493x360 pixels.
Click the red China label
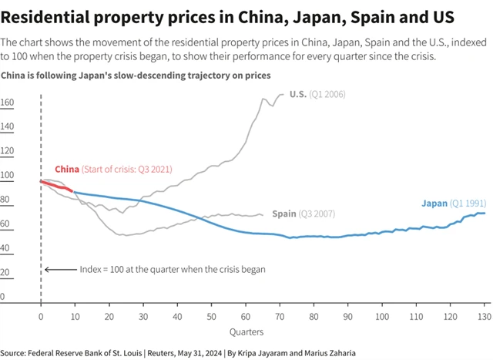click(67, 169)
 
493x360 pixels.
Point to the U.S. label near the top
click(297, 94)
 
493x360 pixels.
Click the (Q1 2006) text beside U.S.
click(327, 94)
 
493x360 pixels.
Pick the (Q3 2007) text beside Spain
click(317, 214)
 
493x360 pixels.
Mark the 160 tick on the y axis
click(7, 103)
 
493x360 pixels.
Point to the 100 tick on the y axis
click(7, 175)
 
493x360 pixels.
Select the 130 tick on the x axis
click(485, 316)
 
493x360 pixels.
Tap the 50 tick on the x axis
click(211, 316)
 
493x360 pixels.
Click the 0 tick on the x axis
click(41, 316)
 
